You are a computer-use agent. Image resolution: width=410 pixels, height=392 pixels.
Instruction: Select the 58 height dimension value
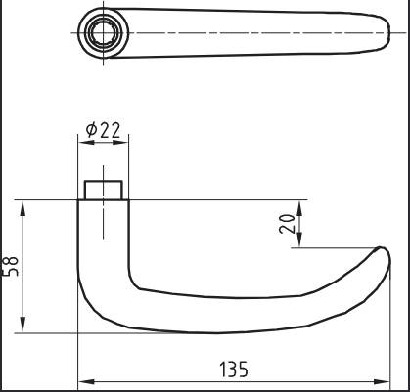point(9,266)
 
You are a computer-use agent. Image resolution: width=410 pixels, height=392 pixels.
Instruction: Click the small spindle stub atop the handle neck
point(103,190)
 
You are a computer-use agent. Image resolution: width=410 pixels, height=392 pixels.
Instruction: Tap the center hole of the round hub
point(103,32)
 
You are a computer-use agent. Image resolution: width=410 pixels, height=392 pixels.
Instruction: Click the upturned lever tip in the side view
point(379,256)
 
